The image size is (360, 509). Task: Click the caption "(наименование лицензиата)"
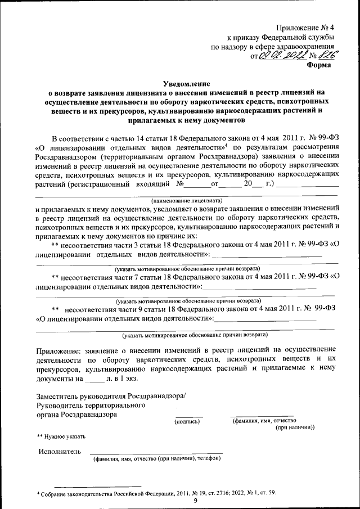click(187, 200)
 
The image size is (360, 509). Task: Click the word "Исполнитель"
click(60, 451)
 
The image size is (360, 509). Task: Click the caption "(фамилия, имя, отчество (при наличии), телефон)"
click(156, 458)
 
